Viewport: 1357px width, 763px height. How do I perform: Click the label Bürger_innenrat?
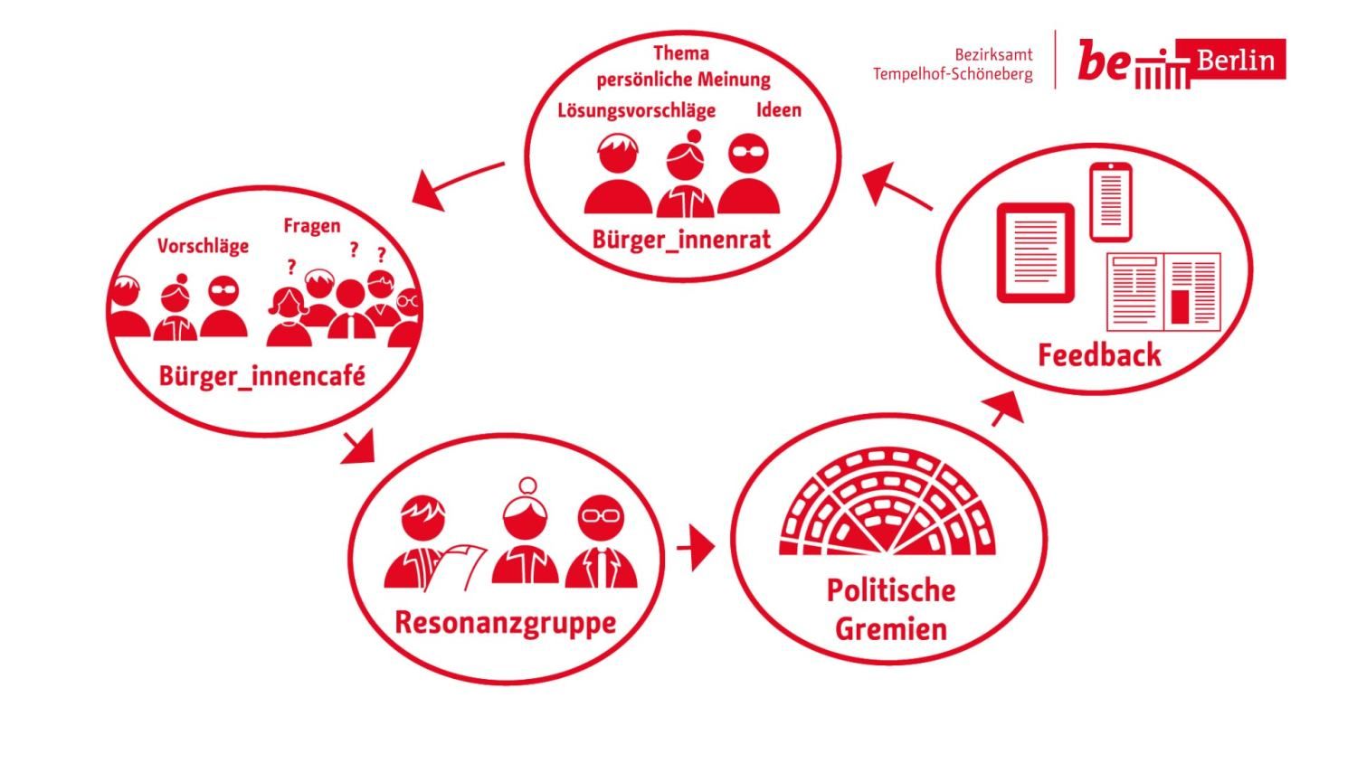point(681,240)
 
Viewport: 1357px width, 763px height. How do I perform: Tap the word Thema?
point(681,53)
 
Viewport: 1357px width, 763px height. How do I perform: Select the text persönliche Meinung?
point(683,80)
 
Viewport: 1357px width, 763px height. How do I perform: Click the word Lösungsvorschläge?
point(636,111)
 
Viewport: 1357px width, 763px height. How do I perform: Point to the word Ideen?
point(778,110)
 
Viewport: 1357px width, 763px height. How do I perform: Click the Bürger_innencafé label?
point(261,377)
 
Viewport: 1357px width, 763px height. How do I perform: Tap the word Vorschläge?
point(203,247)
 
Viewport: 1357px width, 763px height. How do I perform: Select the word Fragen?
point(312,226)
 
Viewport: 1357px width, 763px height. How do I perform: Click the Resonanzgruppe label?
point(505,623)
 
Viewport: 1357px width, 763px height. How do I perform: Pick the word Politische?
point(890,590)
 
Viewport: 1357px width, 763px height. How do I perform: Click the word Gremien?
point(890,629)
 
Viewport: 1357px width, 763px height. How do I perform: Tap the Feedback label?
point(1099,355)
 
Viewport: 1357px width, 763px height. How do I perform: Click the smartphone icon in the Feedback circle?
point(1110,203)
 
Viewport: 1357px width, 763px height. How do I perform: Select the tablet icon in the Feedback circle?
point(1035,252)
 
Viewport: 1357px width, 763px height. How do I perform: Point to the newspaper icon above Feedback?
point(1163,292)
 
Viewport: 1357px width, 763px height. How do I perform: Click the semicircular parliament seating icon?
point(887,502)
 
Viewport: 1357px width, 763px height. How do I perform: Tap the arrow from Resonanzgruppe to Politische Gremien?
point(696,548)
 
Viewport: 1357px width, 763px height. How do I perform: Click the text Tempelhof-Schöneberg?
point(953,74)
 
